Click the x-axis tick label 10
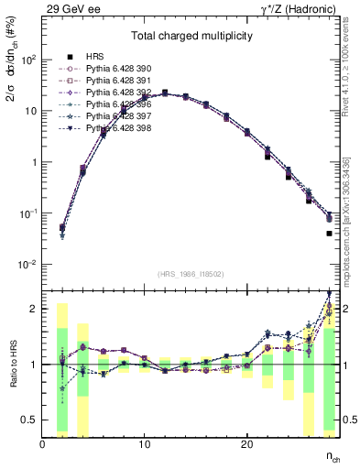(144, 443)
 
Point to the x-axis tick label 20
(246, 443)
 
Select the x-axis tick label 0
(42, 443)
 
